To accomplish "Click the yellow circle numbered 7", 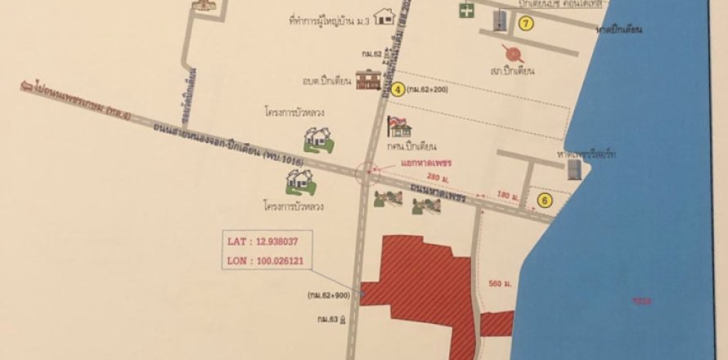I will coord(526,24).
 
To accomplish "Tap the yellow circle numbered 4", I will coord(398,90).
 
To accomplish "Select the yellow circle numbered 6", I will coord(542,198).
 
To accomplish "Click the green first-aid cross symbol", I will coord(466,10).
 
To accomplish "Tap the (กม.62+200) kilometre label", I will coord(438,91).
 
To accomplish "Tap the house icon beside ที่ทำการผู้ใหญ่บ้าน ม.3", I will coord(384,16).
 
